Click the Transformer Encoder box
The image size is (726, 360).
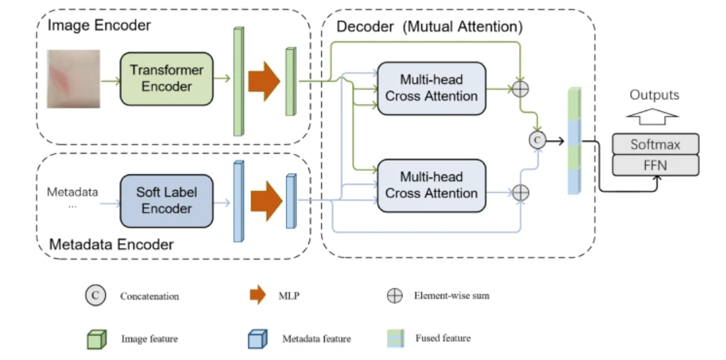pos(167,78)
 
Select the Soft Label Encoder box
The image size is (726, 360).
pos(167,201)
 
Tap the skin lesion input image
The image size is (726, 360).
pos(74,79)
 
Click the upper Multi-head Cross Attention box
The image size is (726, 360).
pos(432,88)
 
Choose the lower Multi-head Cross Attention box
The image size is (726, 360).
pos(432,186)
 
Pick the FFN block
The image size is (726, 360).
pos(655,165)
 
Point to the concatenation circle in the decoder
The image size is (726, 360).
pos(537,139)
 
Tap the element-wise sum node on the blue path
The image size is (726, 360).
pos(521,192)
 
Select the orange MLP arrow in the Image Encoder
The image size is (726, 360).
pos(264,80)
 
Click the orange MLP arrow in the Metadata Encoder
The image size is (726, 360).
pos(266,201)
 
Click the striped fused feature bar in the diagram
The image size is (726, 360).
pos(574,141)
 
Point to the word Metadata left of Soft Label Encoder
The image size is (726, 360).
pos(73,192)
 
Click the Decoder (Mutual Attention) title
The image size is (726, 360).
pos(429,27)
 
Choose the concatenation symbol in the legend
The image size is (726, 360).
pos(96,296)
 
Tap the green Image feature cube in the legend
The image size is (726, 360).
pos(97,339)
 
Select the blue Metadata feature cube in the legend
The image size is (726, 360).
pos(257,339)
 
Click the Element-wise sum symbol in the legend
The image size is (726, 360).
pos(395,296)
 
